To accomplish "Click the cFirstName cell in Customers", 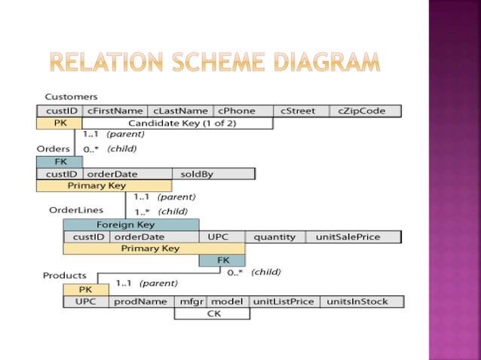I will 115,111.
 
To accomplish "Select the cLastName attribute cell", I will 180,111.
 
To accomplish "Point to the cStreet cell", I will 298,111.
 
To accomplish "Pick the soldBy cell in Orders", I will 198,174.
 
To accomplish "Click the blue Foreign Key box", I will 125,224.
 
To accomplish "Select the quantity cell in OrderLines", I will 274,236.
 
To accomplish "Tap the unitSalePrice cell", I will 352,236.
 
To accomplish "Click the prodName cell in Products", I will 141,302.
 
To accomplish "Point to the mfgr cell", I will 189,302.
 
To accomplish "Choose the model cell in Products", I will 226,302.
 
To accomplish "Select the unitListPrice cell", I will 283,302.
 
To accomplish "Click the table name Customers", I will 71,97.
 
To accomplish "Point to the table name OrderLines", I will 76,210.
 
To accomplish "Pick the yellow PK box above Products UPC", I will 85,290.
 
